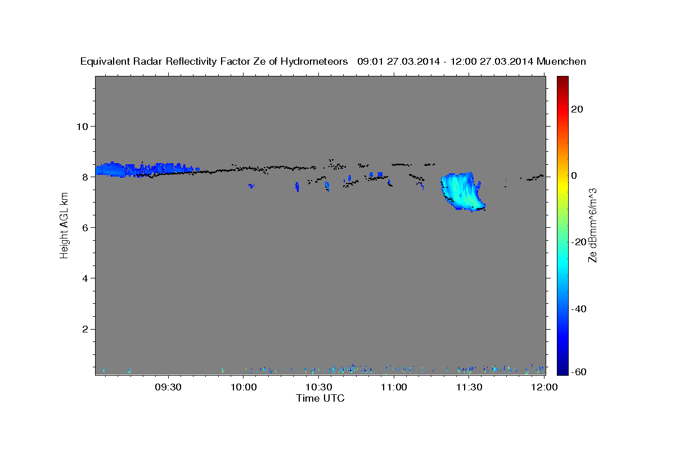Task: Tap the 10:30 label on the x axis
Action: click(319, 388)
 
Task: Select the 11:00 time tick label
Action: click(394, 388)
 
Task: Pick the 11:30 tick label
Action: click(469, 388)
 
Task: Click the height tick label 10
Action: click(82, 126)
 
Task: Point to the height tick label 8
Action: click(85, 177)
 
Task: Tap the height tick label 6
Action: click(85, 228)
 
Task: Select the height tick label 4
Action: click(85, 278)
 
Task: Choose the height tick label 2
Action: click(85, 329)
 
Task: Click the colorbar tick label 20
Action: click(576, 109)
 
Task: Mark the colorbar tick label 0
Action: click(574, 175)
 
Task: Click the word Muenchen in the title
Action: click(561, 61)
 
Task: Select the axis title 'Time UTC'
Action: click(320, 398)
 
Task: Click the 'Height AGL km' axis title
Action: click(65, 225)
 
